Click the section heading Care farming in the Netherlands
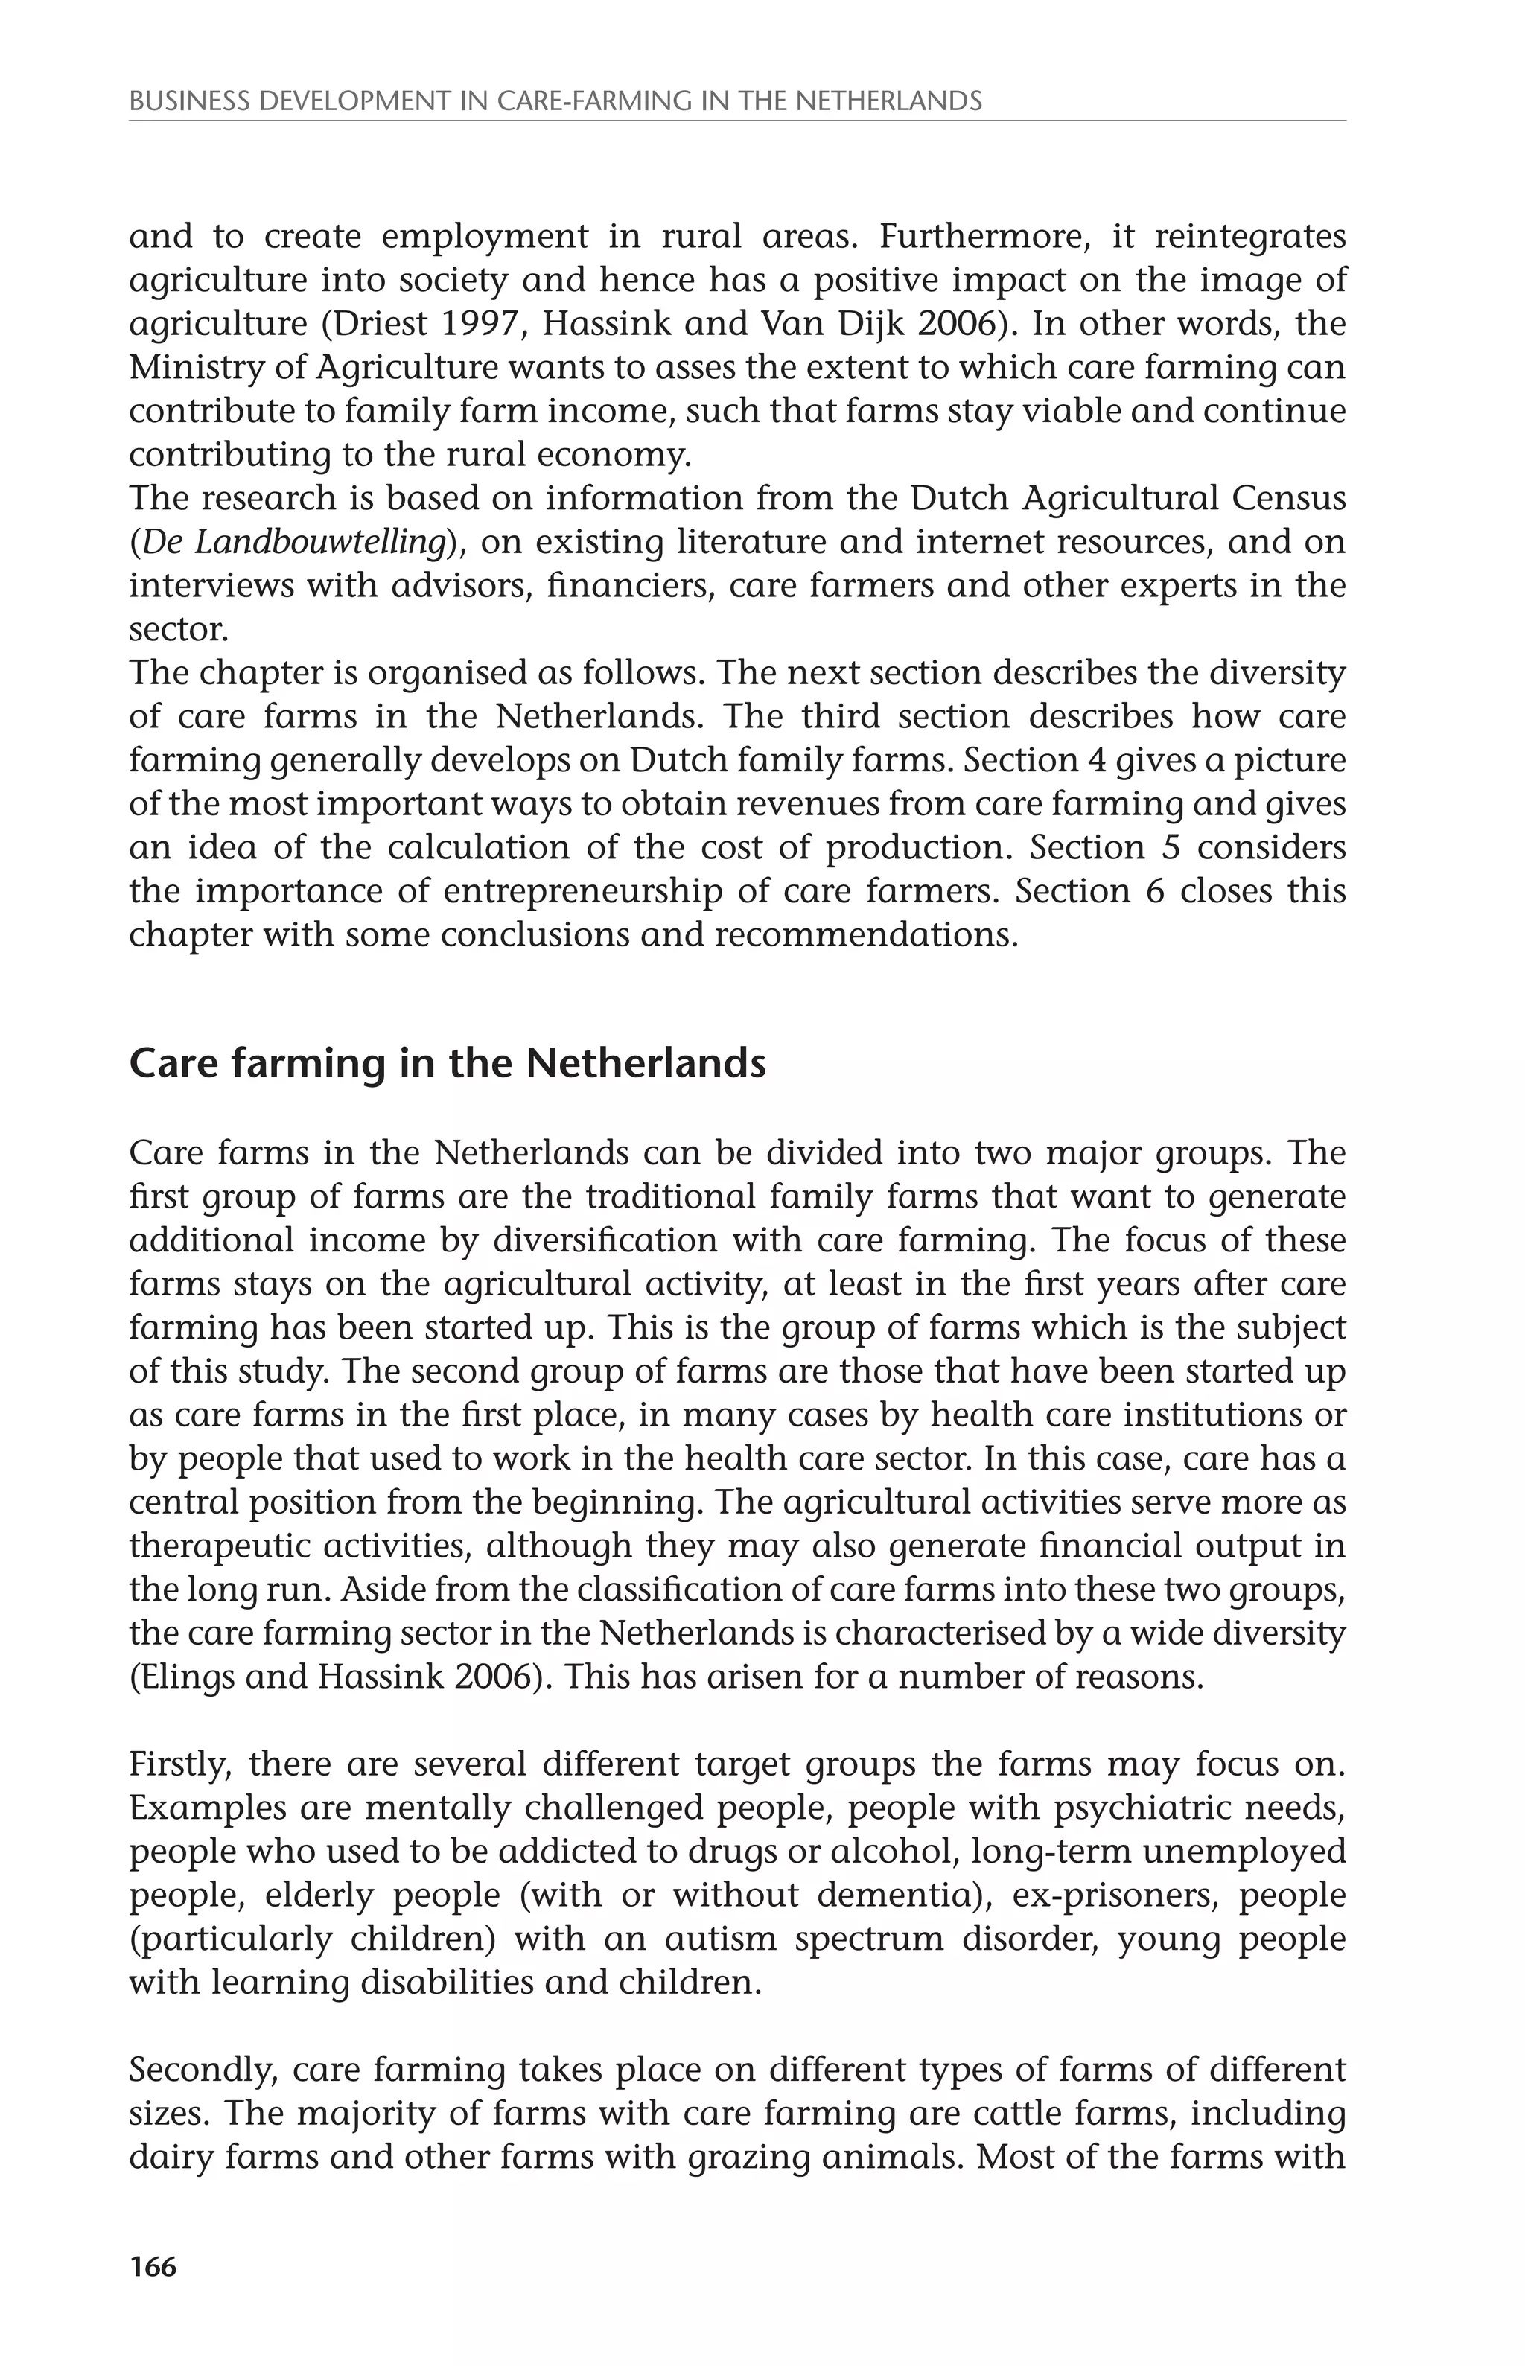coord(448,1063)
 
